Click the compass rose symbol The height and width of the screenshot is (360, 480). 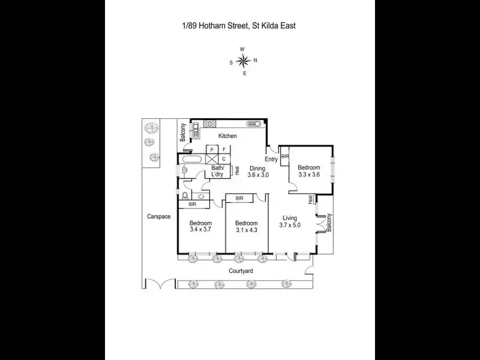tap(243, 61)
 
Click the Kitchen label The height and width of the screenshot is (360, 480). tap(227, 136)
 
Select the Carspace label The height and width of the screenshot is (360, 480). tap(158, 217)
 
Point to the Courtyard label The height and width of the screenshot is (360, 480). tap(241, 271)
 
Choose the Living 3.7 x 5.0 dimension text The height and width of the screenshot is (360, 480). tap(291, 221)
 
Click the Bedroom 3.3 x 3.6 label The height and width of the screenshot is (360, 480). tap(308, 171)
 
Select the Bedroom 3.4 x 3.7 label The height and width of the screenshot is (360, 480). tap(200, 226)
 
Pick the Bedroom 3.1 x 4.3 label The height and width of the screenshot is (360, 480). tap(246, 226)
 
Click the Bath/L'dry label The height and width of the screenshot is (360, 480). tap(221, 171)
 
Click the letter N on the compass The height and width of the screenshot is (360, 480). tap(255, 61)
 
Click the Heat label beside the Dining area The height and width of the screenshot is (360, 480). tap(237, 171)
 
